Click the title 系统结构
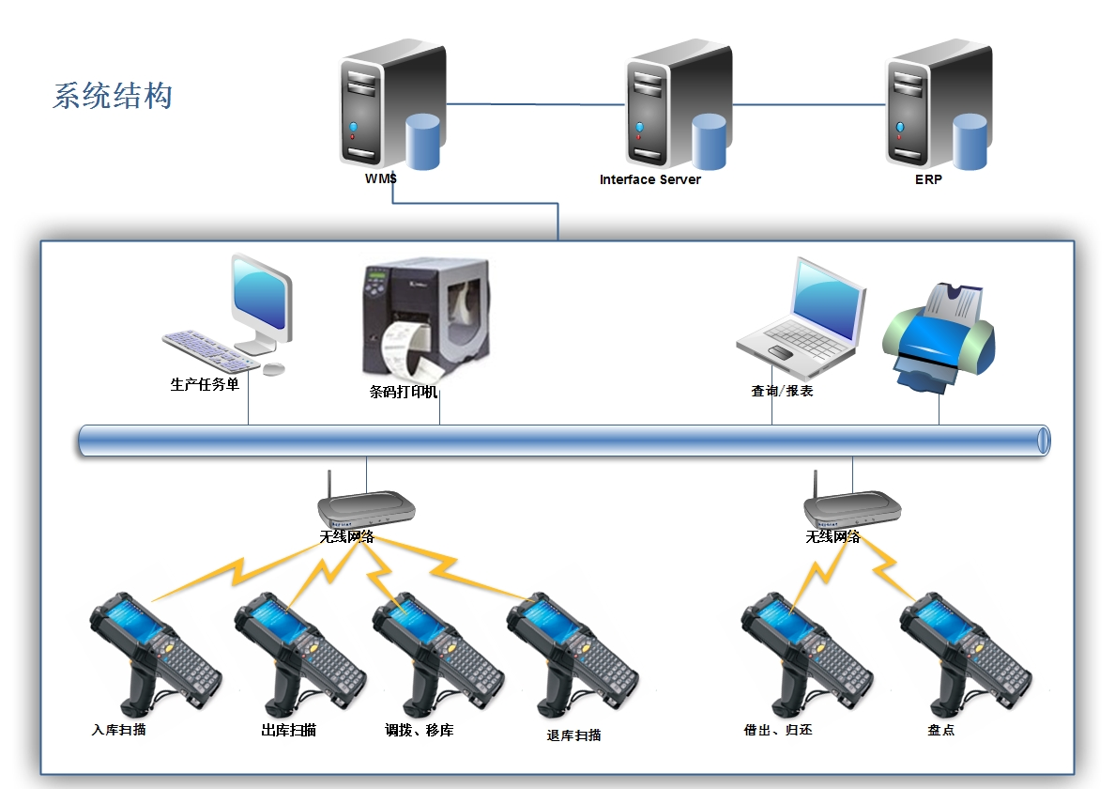pyautogui.click(x=113, y=96)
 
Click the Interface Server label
pyautogui.click(x=649, y=179)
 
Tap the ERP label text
pyautogui.click(x=927, y=179)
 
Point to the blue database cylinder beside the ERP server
pyautogui.click(x=970, y=141)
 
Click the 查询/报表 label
pyautogui.click(x=782, y=391)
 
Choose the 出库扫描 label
pyautogui.click(x=288, y=730)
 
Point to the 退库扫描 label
pyautogui.click(x=573, y=735)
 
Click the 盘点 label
pyautogui.click(x=940, y=730)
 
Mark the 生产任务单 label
pyautogui.click(x=205, y=383)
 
